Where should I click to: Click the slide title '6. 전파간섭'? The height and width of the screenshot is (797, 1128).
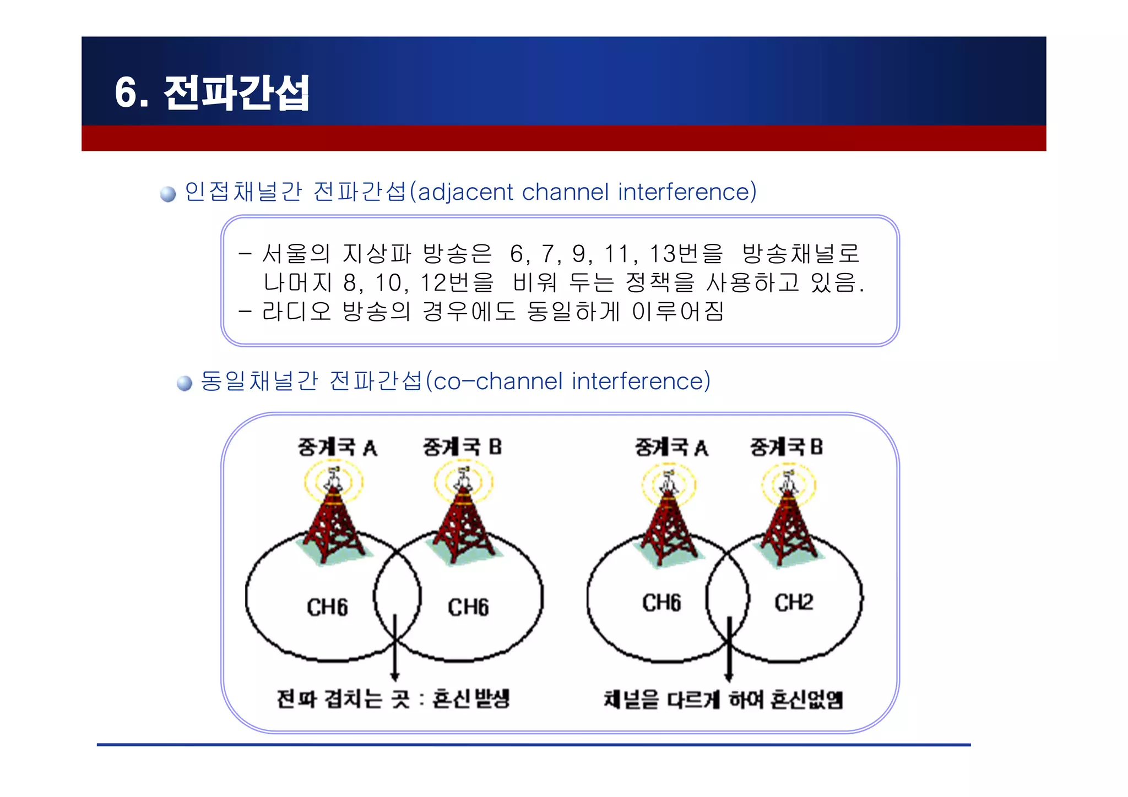click(212, 92)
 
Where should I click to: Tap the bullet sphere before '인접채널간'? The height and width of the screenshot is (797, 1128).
click(168, 194)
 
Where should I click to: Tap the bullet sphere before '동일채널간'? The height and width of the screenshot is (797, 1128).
click(185, 383)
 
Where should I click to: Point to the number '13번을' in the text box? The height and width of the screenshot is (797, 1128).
click(686, 254)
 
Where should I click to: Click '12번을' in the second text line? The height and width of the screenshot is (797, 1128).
click(457, 283)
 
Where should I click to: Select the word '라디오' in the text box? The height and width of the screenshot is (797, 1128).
click(296, 312)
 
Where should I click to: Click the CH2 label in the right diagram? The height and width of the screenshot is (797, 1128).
click(793, 602)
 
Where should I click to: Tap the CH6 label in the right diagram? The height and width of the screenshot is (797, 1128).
click(661, 603)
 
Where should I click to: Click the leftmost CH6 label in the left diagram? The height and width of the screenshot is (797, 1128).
click(327, 607)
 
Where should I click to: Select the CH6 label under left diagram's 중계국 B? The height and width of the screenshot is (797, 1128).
click(468, 607)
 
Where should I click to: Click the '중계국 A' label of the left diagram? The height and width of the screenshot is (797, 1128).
click(337, 447)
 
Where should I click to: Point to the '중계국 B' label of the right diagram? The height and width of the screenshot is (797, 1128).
click(786, 447)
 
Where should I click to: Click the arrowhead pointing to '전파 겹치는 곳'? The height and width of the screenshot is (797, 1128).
click(394, 676)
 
